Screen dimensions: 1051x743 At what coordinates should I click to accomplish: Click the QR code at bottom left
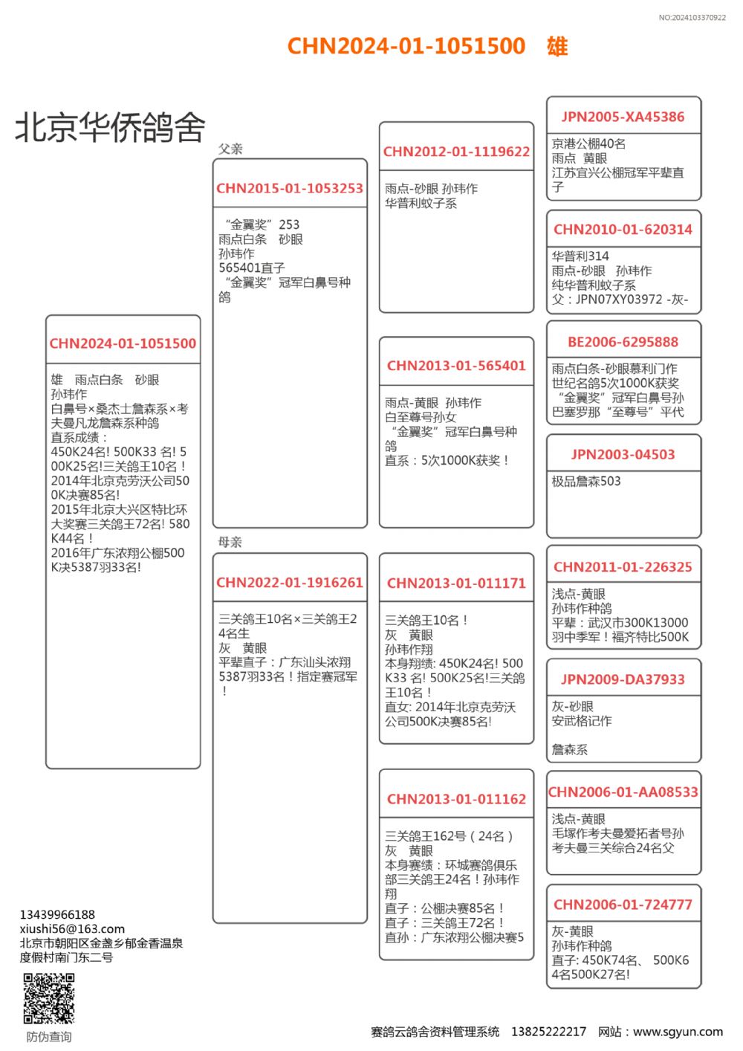pos(49,998)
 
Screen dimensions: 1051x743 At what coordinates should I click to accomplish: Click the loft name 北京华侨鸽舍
pos(110,128)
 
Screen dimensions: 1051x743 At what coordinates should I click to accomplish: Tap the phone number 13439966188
pos(57,914)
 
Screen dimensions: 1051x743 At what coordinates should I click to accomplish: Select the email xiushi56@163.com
pos(72,928)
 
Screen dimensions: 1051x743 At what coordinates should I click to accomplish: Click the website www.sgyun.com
pos(678,1032)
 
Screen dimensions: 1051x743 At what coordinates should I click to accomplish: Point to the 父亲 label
pos(230,149)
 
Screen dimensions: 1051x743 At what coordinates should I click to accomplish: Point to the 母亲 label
pos(230,542)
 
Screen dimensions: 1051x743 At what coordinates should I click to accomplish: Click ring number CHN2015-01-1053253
pos(290,189)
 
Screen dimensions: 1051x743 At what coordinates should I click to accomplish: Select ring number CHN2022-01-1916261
pos(290,583)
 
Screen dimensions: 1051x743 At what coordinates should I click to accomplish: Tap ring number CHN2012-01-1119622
pos(456,152)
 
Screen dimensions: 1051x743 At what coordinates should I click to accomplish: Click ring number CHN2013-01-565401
pos(456,366)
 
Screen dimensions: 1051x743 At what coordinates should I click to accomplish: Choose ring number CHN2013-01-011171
pos(456,583)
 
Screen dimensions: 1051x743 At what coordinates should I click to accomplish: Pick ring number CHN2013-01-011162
pos(456,799)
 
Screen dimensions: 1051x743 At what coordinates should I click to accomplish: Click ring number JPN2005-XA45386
pos(623,117)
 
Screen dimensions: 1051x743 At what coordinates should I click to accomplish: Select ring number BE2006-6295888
pos(623,342)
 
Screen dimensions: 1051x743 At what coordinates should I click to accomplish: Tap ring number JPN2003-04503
pos(623,455)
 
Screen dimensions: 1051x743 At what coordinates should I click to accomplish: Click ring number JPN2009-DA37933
pos(623,679)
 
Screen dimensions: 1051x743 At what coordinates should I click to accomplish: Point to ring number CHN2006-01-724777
pos(623,905)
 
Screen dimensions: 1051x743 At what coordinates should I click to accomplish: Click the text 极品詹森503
pos(586,482)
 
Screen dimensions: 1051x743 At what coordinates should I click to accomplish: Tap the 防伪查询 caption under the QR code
pos(49,1037)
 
